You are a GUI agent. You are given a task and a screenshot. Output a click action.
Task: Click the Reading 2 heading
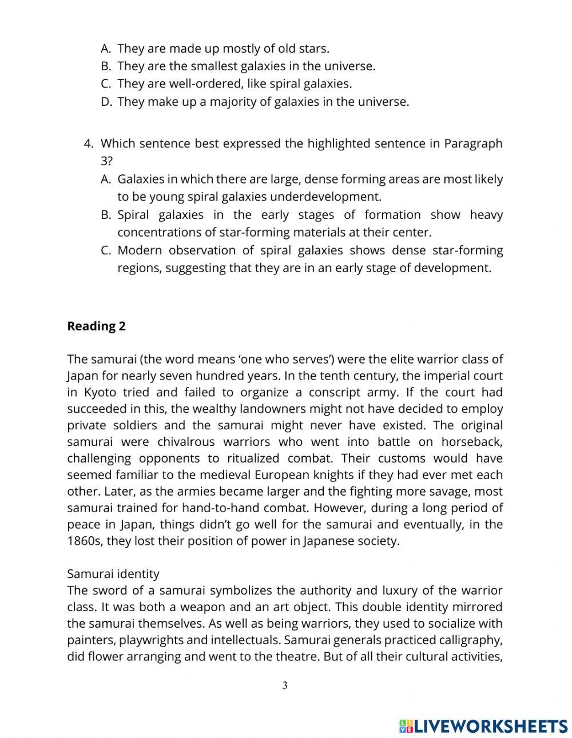[x=96, y=326]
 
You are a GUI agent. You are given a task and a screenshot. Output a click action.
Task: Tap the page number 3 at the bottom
[x=285, y=685]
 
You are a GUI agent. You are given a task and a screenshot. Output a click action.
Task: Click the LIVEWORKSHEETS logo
[x=483, y=726]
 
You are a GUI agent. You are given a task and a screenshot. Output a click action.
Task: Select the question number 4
[x=88, y=143]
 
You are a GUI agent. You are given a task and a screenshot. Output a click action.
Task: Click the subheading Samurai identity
[x=113, y=573]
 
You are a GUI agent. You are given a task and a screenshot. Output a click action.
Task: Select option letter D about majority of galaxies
[x=105, y=102]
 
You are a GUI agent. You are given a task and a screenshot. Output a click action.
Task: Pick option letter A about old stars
[x=105, y=49]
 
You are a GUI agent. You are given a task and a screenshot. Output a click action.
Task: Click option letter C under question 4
[x=105, y=250]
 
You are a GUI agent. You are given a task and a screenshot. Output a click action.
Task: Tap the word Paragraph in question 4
[x=473, y=143]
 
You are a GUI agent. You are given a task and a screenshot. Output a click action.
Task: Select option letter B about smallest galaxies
[x=105, y=66]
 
